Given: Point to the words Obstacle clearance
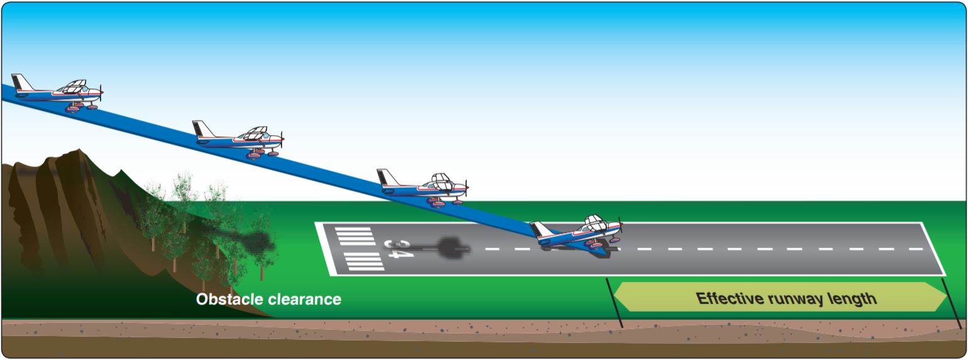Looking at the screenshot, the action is (x=269, y=299).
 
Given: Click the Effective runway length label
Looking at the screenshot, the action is (x=786, y=298).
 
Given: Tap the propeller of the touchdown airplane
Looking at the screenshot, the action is (x=621, y=227).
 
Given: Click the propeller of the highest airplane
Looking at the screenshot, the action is (x=101, y=92).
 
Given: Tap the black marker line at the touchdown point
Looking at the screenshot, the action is (x=614, y=302).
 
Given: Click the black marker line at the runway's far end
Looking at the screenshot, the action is (x=952, y=302).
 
